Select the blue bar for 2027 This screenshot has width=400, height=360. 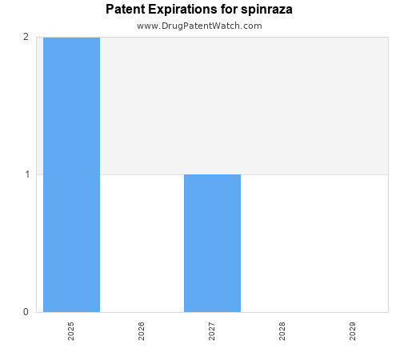tap(212, 243)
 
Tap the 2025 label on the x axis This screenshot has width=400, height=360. tap(71, 332)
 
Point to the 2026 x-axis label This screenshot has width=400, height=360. tap(142, 332)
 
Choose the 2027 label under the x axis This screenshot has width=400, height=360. tap(212, 332)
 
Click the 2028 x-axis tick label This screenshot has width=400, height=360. tap(282, 332)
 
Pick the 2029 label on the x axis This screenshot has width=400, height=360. tap(353, 332)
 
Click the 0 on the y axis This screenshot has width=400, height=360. tap(26, 312)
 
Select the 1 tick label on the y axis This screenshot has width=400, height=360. tap(26, 174)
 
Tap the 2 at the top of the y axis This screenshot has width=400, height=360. tap(26, 37)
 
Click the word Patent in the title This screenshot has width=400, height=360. tap(126, 10)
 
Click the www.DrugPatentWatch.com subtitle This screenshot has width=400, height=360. tap(199, 26)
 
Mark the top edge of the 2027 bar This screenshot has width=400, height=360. tap(212, 174)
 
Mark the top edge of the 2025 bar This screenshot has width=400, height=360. tap(71, 38)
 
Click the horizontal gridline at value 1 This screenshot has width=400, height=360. tap(312, 174)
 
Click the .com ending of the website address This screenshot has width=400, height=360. tap(251, 26)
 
